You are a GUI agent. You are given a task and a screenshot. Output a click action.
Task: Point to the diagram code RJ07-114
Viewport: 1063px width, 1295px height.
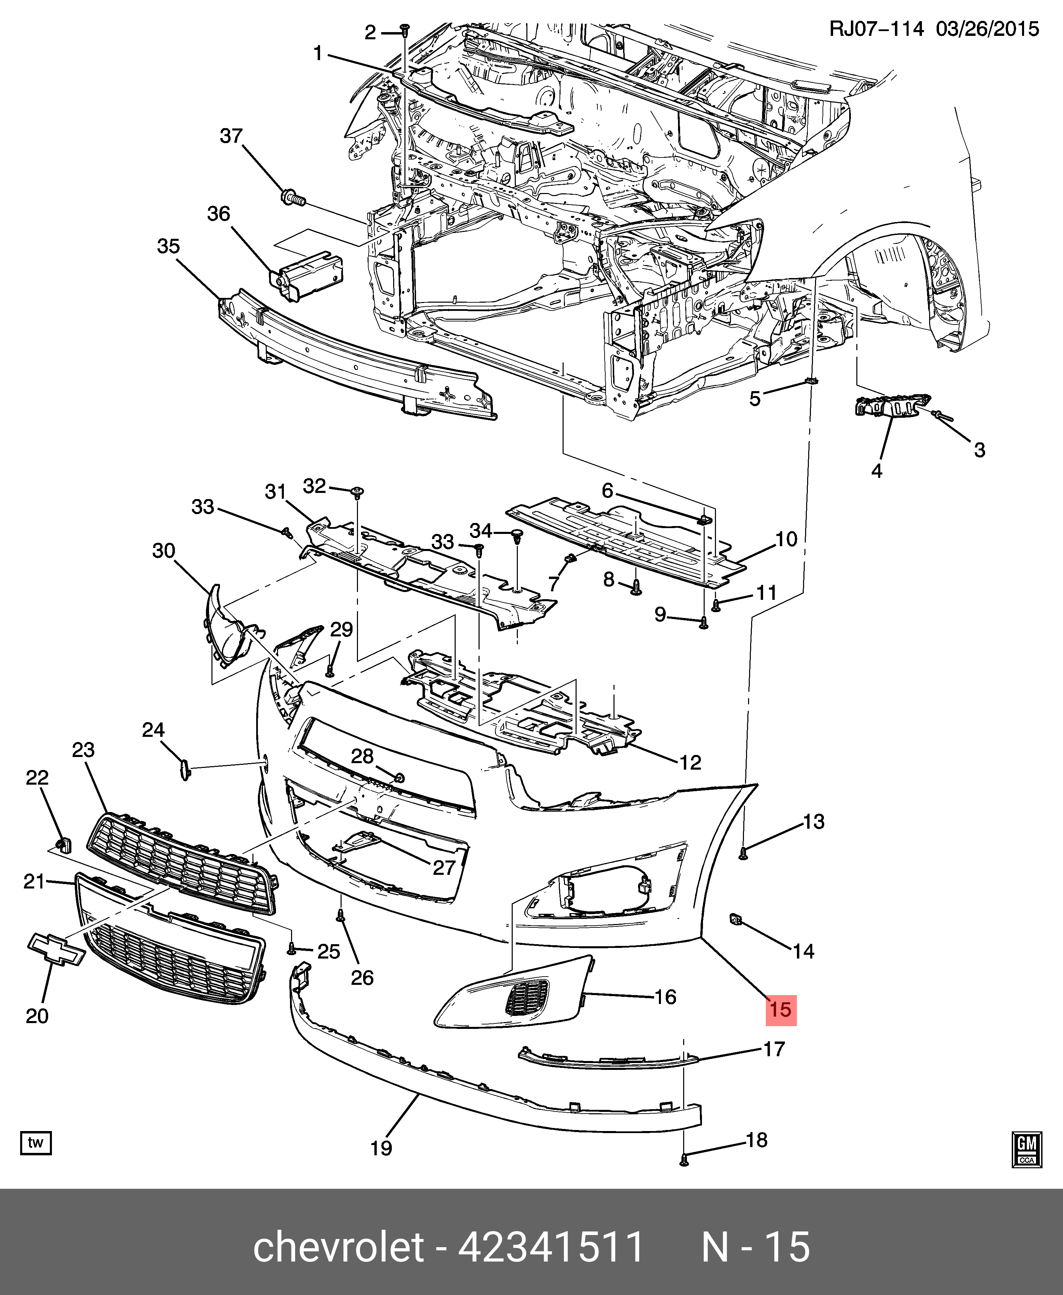(x=875, y=29)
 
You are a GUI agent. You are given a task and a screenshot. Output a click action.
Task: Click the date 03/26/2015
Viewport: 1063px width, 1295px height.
(x=987, y=29)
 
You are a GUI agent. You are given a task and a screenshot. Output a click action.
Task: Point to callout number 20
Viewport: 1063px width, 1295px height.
(x=37, y=1016)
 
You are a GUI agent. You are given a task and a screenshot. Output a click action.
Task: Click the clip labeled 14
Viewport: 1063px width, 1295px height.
(x=735, y=919)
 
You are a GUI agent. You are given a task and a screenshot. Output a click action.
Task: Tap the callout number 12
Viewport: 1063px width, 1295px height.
(x=690, y=762)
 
